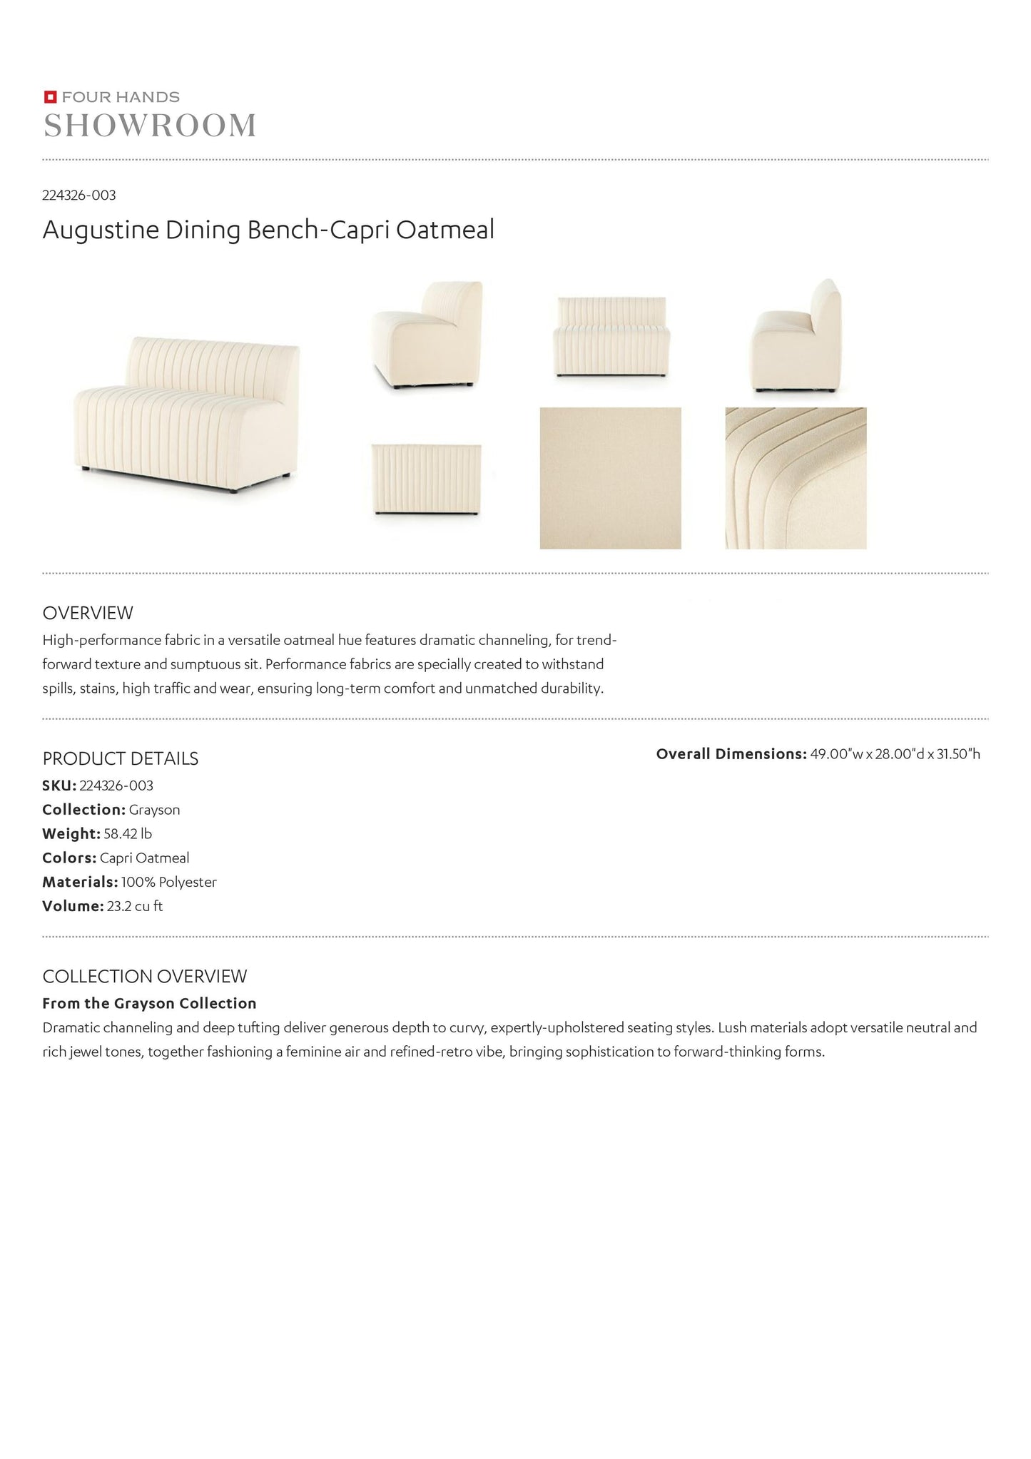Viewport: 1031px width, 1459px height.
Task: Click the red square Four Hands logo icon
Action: click(50, 97)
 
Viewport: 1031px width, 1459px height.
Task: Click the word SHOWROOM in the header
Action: click(150, 126)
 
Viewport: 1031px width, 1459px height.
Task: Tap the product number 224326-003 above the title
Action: click(79, 195)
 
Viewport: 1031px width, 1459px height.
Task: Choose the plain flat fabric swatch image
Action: click(610, 478)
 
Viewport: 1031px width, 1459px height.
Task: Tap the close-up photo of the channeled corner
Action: click(796, 478)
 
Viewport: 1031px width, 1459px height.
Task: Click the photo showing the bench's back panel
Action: click(426, 479)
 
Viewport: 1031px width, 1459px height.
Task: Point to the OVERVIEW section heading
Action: click(88, 613)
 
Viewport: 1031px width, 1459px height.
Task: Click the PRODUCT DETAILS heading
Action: click(121, 759)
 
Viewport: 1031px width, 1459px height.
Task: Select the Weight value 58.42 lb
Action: click(128, 834)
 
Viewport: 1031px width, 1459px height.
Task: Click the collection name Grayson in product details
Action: click(154, 810)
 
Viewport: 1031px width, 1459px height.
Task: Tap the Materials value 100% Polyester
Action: click(168, 883)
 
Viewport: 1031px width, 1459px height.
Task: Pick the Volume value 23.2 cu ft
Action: click(135, 907)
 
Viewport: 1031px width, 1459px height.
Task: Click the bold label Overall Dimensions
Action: click(731, 754)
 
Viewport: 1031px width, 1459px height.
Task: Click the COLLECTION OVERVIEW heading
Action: click(145, 977)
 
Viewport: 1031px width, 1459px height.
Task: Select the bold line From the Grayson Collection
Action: click(149, 1004)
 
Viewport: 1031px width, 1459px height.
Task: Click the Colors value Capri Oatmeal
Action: click(144, 858)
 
